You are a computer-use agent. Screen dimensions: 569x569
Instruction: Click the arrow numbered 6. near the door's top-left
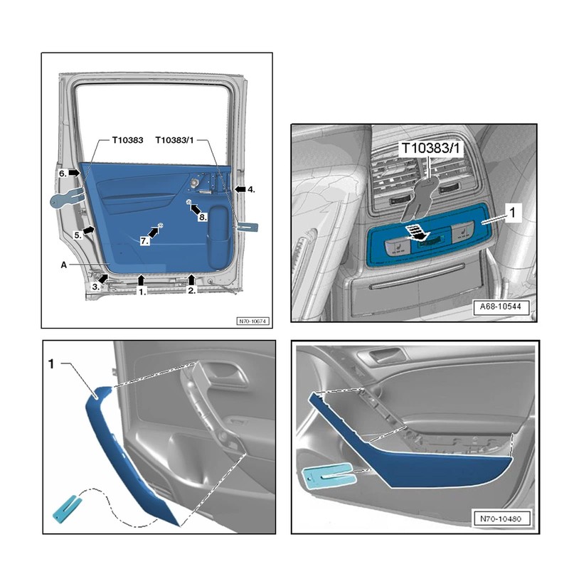(x=74, y=173)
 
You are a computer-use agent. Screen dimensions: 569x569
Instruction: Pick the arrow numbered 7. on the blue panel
(x=153, y=233)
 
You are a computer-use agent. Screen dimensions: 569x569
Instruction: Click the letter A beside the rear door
(x=63, y=262)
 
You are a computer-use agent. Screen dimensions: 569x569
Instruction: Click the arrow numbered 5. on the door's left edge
(x=88, y=230)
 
